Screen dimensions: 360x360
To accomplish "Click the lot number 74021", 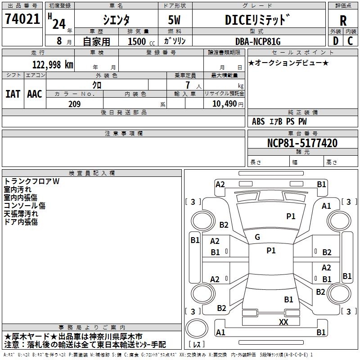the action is pos(22,19).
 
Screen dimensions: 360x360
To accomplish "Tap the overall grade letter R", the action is pos(343,20).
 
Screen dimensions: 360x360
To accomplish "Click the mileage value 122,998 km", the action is pos(53,64).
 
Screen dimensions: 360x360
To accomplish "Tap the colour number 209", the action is pos(74,104).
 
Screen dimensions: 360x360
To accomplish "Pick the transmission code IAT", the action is pos(13,94).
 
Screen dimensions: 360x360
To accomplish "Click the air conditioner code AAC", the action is pos(35,94).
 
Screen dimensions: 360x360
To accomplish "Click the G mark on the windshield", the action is pos(257,237).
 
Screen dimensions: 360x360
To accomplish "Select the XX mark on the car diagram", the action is pos(283,322).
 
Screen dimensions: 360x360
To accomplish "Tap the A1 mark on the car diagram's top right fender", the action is pos(326,206).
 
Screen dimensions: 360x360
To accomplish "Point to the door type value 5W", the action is pos(175,20).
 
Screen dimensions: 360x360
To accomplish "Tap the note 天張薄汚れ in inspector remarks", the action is pos(21,214).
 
